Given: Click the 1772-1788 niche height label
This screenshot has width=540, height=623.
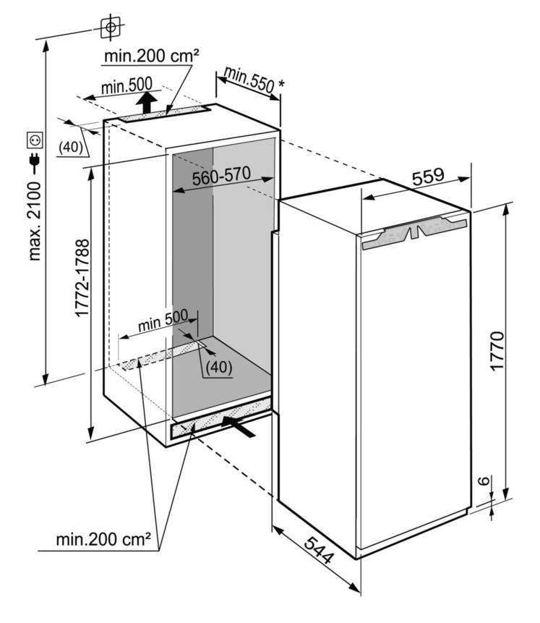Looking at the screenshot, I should pyautogui.click(x=81, y=279).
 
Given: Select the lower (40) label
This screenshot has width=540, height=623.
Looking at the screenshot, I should pyautogui.click(x=218, y=367).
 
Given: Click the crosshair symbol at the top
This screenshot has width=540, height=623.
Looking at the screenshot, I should pyautogui.click(x=110, y=27).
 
